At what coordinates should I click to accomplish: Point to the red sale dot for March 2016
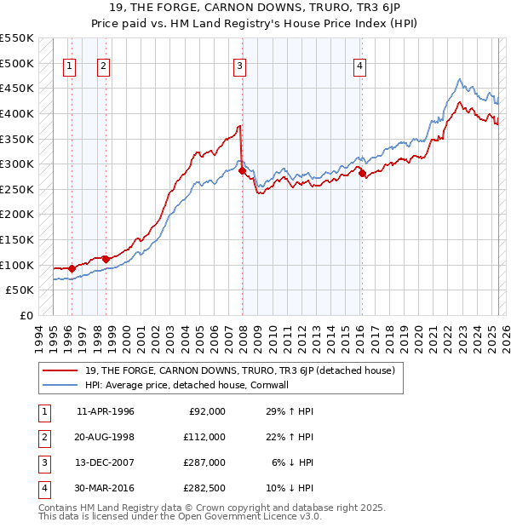pyautogui.click(x=362, y=173)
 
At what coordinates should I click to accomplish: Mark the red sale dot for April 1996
pyautogui.click(x=72, y=268)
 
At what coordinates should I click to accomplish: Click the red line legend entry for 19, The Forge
pyautogui.click(x=239, y=370)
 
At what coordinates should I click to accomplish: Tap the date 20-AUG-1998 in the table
pyautogui.click(x=106, y=436)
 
